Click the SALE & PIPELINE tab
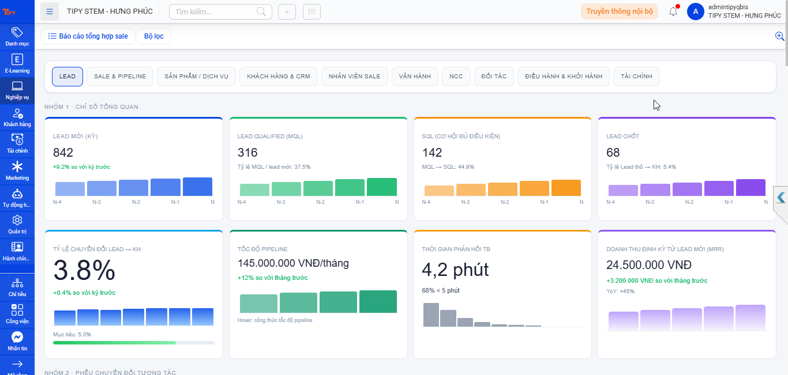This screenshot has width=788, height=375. (120, 76)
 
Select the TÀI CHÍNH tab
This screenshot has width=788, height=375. (636, 76)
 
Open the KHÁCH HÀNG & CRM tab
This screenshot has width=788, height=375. (278, 76)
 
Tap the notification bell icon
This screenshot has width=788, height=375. (673, 12)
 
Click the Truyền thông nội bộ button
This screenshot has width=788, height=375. (620, 12)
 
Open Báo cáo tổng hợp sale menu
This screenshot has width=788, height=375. (88, 36)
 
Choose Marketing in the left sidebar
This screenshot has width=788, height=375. (17, 171)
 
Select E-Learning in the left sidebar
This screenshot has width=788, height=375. (17, 63)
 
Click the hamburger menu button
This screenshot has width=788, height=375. (50, 12)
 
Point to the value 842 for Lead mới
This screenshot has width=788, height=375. (63, 153)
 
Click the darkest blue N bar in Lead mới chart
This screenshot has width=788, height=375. (198, 187)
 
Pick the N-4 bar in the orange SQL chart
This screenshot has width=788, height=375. (439, 191)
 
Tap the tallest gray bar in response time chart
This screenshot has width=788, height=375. (431, 315)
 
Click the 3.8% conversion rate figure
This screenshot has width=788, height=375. (84, 270)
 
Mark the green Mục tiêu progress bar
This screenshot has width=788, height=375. (114, 343)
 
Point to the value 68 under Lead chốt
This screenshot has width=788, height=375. (613, 153)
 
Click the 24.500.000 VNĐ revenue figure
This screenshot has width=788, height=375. (649, 265)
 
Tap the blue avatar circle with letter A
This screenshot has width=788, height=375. (696, 12)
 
